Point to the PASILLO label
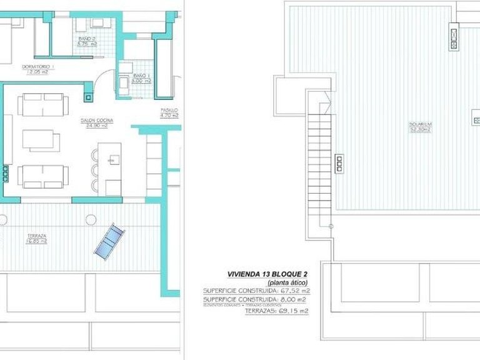click(x=169, y=110)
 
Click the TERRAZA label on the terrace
click(x=36, y=236)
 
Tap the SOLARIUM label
click(x=421, y=124)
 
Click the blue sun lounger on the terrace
click(x=109, y=240)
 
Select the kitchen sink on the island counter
click(x=112, y=159)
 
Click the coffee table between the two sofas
click(x=41, y=139)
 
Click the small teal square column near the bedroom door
click(x=89, y=96)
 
